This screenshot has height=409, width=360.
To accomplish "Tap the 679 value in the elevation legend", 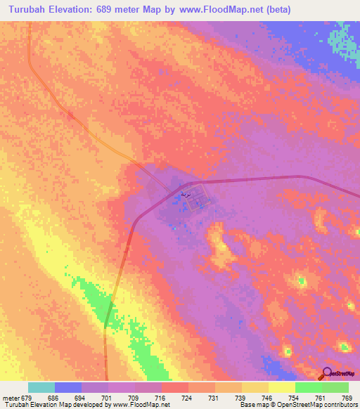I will click(27, 397).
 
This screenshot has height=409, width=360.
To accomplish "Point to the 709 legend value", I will click(134, 397).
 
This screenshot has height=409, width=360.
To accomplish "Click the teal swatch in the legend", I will click(41, 387).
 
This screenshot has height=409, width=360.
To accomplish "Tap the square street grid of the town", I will click(198, 202).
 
